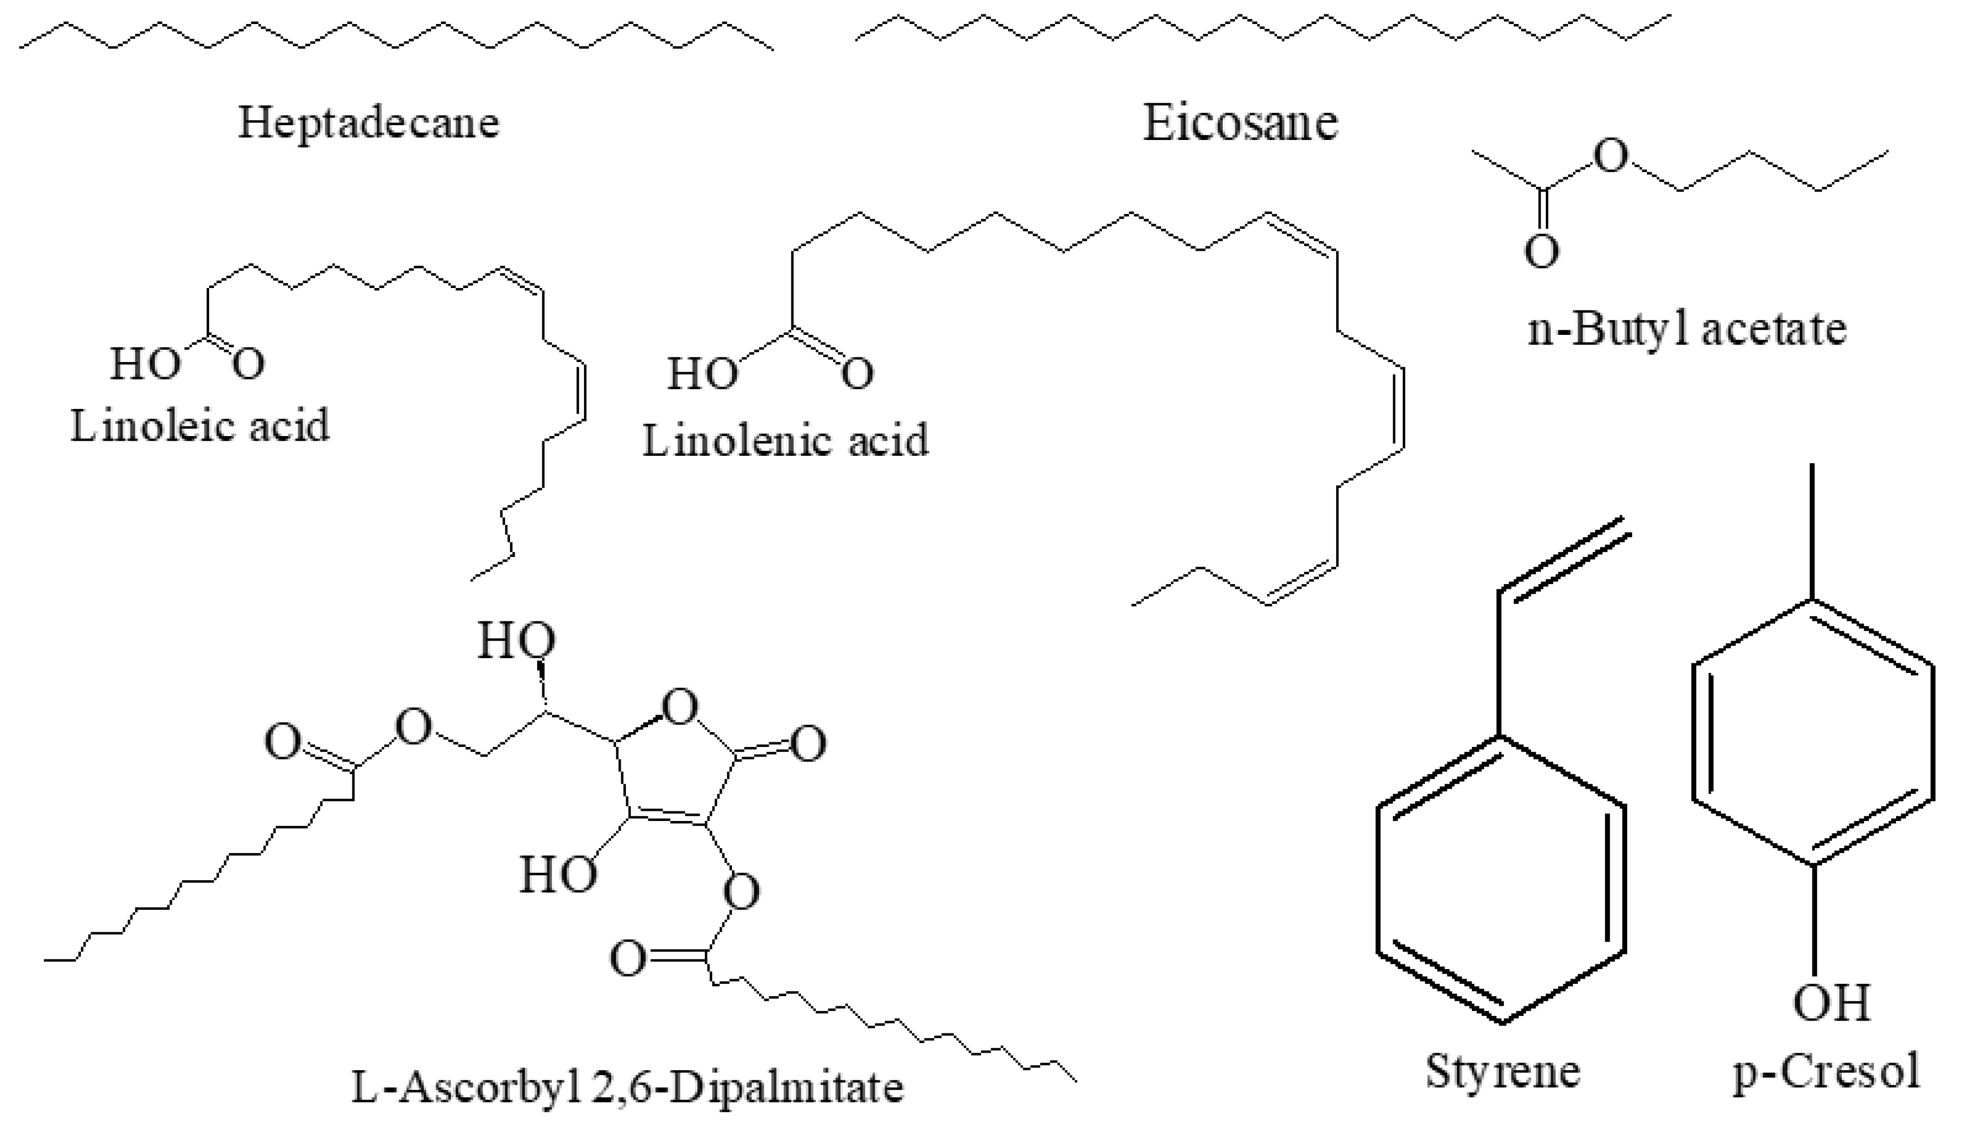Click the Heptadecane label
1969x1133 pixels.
pos(368,123)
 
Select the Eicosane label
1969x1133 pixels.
pos(1240,123)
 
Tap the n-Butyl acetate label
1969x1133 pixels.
pos(1686,329)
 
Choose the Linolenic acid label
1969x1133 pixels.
pos(785,440)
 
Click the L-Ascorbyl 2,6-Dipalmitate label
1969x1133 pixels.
pos(627,1088)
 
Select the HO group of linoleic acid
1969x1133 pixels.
pos(145,364)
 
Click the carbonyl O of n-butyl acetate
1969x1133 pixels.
pos(1541,251)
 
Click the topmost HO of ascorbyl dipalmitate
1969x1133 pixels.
pos(516,641)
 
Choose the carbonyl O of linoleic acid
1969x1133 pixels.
pos(248,364)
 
